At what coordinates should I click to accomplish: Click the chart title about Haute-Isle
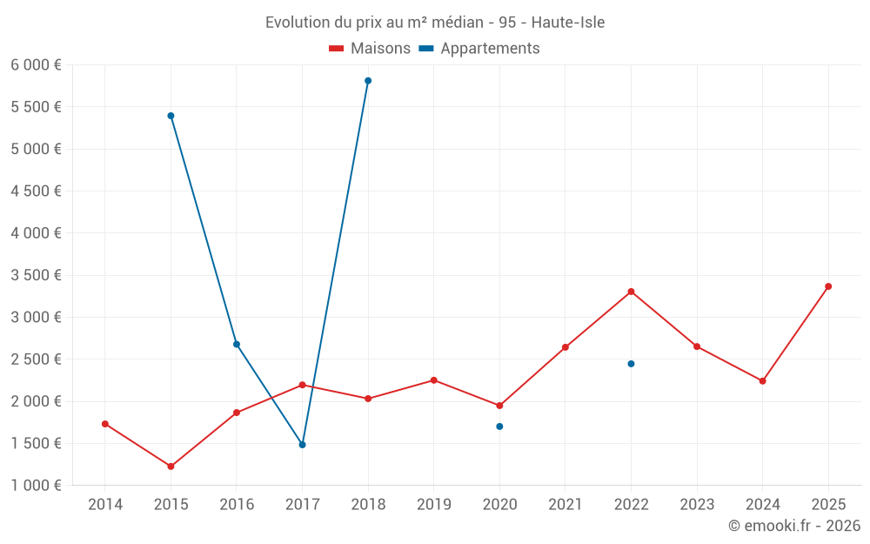435,22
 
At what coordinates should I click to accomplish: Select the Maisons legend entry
370,48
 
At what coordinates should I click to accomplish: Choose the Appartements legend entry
479,48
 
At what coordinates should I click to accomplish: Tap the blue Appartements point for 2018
368,80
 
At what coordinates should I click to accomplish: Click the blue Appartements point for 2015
171,116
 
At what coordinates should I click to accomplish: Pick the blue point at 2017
302,445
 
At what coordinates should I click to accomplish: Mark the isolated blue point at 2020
499,426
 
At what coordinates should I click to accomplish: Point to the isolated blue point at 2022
631,364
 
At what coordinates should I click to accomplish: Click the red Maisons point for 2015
171,467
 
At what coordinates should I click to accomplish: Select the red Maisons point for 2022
631,292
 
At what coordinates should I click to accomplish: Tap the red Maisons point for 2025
828,286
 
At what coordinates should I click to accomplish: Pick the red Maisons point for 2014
105,424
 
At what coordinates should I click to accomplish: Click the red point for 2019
433,380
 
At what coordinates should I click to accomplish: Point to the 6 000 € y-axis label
36,65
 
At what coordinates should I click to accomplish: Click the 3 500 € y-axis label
36,275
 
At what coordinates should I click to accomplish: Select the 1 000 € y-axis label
36,486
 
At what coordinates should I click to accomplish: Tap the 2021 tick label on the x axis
565,504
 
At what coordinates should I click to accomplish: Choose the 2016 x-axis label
237,504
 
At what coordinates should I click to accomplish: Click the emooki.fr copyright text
793,526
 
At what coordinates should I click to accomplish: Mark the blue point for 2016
237,345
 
